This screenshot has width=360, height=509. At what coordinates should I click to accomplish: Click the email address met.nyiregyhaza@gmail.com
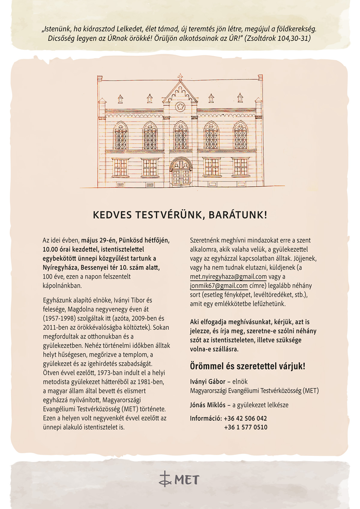[228, 277]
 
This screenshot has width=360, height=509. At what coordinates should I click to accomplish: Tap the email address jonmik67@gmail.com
[219, 286]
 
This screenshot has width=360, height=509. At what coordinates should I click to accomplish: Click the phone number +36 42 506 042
[245, 418]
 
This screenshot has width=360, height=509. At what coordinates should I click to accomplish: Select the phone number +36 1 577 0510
[245, 427]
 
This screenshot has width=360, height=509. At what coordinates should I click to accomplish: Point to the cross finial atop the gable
[180, 76]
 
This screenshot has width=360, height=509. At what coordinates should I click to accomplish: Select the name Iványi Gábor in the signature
[207, 382]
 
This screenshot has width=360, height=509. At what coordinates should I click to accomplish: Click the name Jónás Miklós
[207, 405]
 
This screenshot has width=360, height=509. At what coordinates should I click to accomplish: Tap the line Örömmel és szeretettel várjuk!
[247, 366]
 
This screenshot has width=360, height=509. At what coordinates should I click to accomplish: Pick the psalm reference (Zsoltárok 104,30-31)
[277, 39]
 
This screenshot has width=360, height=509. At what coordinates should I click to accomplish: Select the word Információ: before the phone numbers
[206, 418]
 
